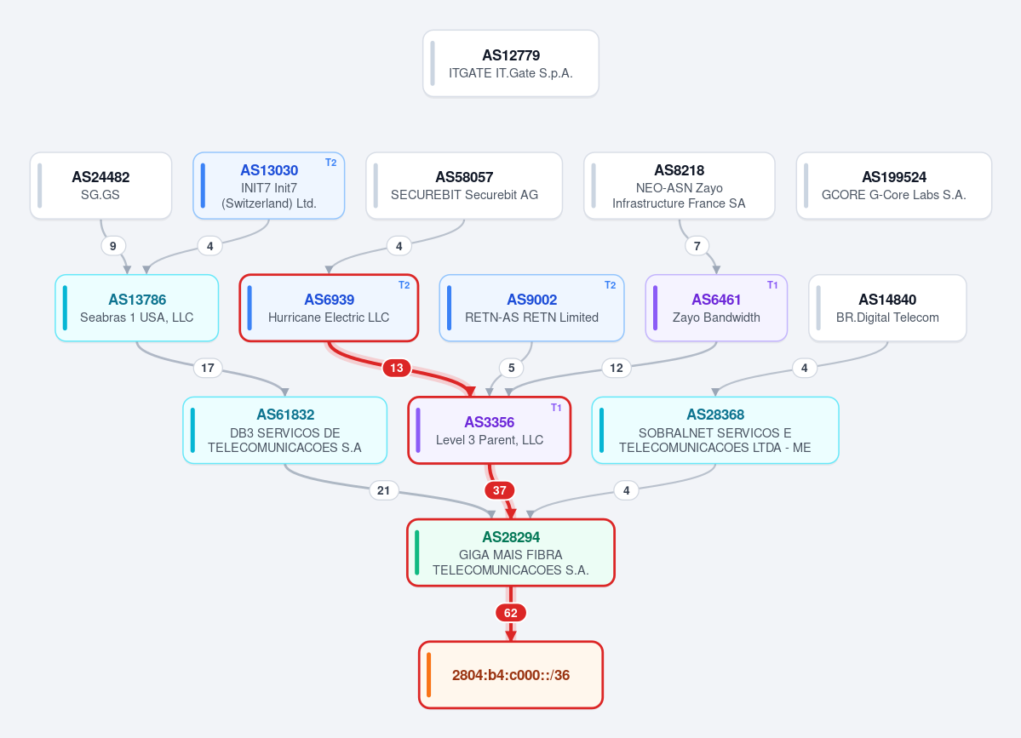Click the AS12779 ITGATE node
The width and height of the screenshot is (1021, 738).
click(511, 64)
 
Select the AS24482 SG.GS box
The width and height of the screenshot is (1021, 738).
click(101, 186)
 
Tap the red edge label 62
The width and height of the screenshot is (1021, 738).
click(511, 613)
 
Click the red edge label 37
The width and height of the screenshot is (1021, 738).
click(500, 490)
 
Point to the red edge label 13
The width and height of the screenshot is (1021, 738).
click(397, 369)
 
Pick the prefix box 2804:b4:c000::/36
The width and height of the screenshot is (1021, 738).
click(511, 675)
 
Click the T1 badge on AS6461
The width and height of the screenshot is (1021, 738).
click(772, 285)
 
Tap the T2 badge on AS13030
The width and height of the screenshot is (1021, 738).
click(330, 163)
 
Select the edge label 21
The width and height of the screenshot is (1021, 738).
click(383, 490)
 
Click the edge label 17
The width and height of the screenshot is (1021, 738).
click(208, 369)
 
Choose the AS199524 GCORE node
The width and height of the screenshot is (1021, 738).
click(894, 186)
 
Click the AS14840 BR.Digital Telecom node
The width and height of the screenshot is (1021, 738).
click(887, 308)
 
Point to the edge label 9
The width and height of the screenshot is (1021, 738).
click(113, 246)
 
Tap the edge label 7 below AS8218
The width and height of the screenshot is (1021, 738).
click(697, 246)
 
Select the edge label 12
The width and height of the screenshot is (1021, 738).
click(616, 369)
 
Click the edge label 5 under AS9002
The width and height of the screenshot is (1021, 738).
click(511, 369)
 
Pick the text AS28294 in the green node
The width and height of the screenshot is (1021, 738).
click(511, 537)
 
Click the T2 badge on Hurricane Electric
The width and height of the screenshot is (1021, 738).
click(404, 285)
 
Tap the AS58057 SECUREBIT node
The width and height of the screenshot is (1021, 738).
click(464, 186)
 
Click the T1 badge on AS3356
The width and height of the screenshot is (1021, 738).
click(556, 408)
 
